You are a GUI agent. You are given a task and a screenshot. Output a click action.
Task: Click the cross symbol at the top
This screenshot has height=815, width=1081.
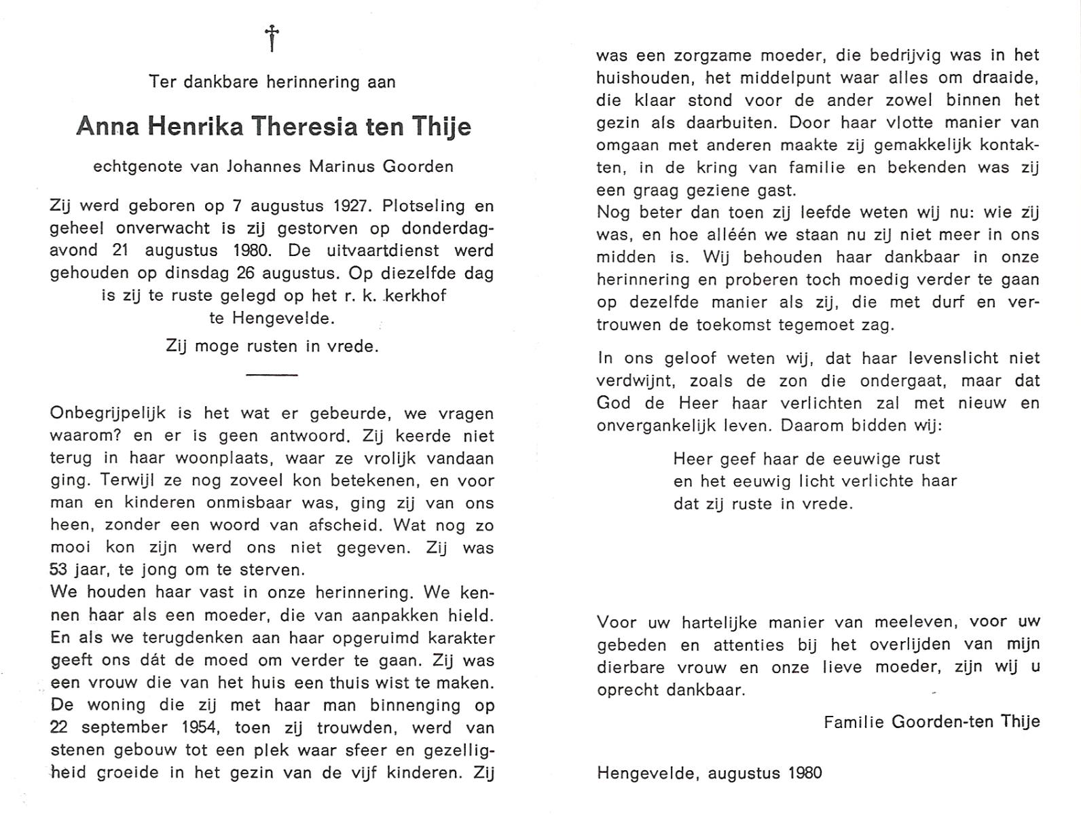pyautogui.click(x=272, y=38)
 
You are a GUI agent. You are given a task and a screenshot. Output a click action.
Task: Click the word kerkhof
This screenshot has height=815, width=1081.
pyautogui.click(x=416, y=295)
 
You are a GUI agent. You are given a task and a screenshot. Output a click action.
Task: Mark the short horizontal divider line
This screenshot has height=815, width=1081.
pyautogui.click(x=272, y=374)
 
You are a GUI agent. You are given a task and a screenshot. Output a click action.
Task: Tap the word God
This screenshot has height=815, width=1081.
pyautogui.click(x=612, y=403)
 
